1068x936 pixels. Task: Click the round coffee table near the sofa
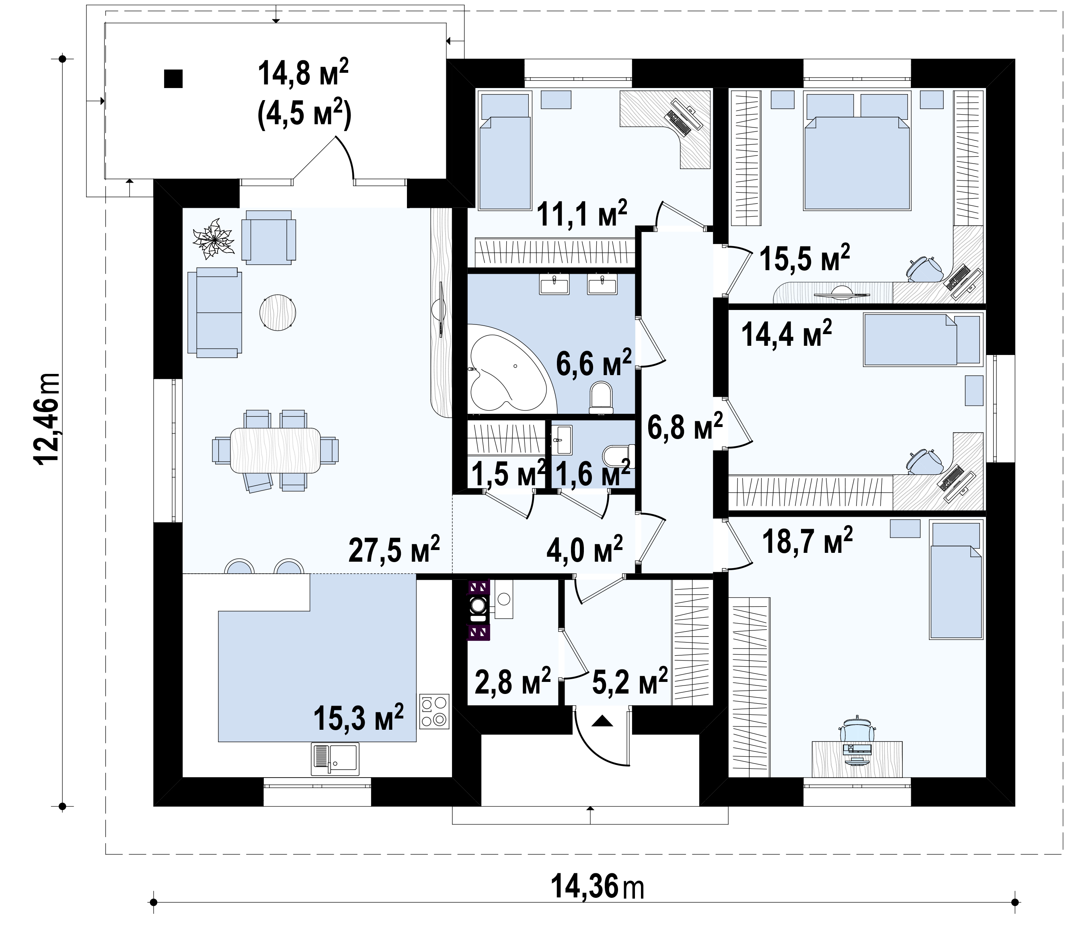click(x=278, y=312)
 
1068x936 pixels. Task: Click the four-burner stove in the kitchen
click(x=434, y=711)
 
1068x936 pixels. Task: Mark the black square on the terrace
click(x=173, y=78)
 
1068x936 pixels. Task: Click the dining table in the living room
click(x=275, y=450)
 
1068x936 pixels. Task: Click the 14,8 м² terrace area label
click(x=303, y=73)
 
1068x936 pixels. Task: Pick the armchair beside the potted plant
click(x=269, y=238)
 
